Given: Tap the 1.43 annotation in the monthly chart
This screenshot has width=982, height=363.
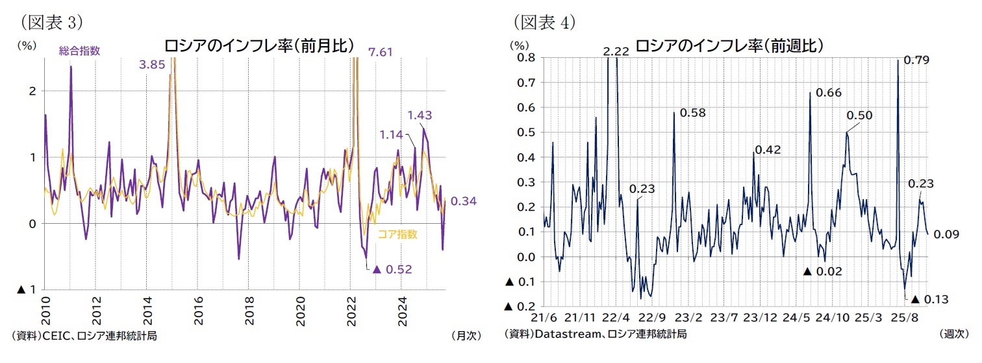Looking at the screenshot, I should [420, 115].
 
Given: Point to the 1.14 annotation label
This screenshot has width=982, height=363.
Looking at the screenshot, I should [391, 135].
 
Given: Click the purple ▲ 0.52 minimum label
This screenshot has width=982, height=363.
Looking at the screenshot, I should [392, 269].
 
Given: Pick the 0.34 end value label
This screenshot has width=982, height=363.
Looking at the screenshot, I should [464, 201].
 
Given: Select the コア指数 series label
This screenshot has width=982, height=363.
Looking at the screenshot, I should [397, 234].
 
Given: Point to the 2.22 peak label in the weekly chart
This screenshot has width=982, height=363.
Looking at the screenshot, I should [616, 51].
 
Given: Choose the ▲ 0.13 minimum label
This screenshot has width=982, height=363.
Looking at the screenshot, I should [930, 299].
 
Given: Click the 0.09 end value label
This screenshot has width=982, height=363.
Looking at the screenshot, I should [946, 234].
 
